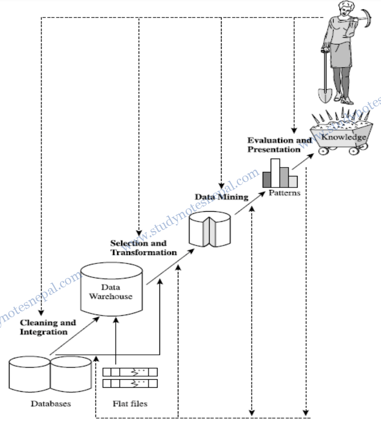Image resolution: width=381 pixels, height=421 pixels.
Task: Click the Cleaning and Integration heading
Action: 48,327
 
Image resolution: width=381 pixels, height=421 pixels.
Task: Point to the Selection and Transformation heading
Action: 143,248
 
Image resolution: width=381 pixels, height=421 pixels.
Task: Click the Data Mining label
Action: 221,196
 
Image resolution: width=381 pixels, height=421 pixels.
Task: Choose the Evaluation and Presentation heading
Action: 279,144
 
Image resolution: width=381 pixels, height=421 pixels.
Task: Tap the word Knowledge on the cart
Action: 343,137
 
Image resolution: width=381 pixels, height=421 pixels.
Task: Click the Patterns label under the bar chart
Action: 284,192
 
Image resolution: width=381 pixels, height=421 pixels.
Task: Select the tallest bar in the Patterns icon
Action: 275,172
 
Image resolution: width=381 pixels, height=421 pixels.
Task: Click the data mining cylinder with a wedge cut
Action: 210,229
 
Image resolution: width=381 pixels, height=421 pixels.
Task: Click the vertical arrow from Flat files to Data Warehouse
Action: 115,343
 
